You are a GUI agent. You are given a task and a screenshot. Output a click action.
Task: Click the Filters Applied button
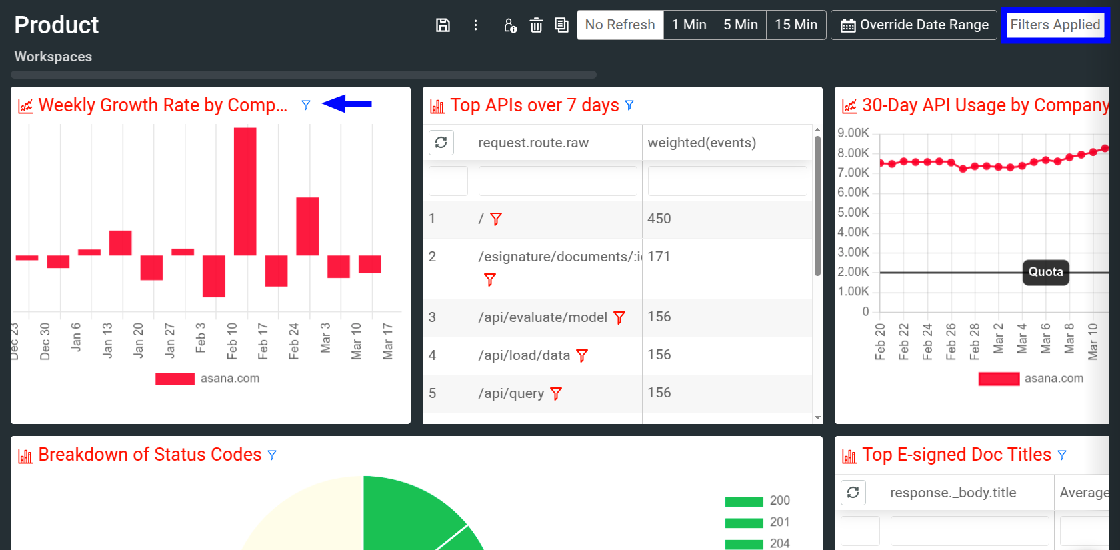[x=1055, y=25]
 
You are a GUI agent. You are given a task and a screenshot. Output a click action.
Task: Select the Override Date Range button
[x=914, y=25]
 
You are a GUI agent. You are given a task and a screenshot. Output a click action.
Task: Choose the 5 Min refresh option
[x=740, y=25]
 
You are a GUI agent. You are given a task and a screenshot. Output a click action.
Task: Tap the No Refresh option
[x=620, y=25]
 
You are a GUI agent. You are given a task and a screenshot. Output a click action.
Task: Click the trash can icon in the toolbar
[x=536, y=25]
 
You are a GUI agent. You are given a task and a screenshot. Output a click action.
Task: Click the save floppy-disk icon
[x=443, y=25]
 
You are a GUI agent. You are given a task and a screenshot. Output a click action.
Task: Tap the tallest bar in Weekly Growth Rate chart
[x=245, y=191]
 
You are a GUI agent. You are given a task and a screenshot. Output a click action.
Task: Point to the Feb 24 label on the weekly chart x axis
[x=294, y=341]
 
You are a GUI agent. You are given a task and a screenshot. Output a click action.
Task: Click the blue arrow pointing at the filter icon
[x=347, y=104]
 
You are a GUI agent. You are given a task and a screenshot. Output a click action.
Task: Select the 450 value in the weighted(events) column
[x=659, y=219]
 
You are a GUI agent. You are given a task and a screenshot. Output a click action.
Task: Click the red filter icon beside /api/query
[x=556, y=394]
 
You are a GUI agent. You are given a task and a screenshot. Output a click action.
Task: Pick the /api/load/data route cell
[x=524, y=355]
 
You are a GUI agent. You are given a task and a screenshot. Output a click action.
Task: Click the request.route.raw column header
[x=533, y=143]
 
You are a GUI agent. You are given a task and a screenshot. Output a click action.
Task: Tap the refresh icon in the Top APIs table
[x=441, y=143]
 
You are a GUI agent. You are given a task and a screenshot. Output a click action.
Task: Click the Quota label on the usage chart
[x=1045, y=272]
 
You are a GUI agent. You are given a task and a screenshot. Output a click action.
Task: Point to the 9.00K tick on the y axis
[x=853, y=133]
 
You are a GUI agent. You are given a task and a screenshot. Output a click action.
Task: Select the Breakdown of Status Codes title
[x=150, y=455]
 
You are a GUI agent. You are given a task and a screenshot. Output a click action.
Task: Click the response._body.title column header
[x=953, y=493]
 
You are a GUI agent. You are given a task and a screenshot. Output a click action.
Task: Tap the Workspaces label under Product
[x=53, y=57]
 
